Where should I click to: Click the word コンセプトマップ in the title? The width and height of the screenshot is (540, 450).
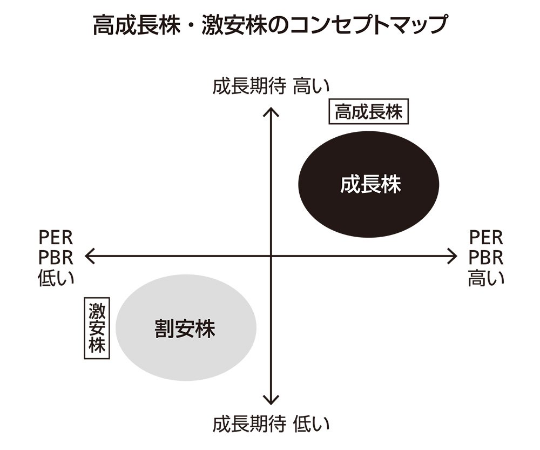pyautogui.click(x=368, y=25)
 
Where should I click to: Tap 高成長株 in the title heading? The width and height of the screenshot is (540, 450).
pyautogui.click(x=137, y=25)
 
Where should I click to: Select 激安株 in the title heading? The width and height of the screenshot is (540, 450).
pyautogui.click(x=234, y=25)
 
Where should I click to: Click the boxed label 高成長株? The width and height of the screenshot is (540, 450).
pyautogui.click(x=368, y=112)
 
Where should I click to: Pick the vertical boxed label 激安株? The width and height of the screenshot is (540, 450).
pyautogui.click(x=97, y=328)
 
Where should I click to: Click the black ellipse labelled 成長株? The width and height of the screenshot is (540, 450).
pyautogui.click(x=368, y=184)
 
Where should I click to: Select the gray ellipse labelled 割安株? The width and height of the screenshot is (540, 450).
pyautogui.click(x=186, y=328)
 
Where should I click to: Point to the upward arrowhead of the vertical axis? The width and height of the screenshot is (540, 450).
pyautogui.click(x=271, y=110)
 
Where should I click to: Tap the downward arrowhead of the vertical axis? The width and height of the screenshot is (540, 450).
pyautogui.click(x=271, y=402)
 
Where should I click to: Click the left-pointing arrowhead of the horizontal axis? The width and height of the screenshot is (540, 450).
pyautogui.click(x=87, y=256)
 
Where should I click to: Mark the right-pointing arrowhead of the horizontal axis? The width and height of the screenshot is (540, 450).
pyautogui.click(x=455, y=256)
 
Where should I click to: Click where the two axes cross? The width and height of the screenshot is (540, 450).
pyautogui.click(x=271, y=256)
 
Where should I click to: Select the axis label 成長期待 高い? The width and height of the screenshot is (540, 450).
pyautogui.click(x=271, y=86)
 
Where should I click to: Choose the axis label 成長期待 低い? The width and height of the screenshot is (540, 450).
pyautogui.click(x=271, y=424)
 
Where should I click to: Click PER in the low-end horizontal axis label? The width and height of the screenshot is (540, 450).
pyautogui.click(x=56, y=237)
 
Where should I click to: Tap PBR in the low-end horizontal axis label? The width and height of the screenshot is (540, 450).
pyautogui.click(x=56, y=258)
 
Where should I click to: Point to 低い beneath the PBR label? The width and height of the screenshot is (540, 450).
pyautogui.click(x=56, y=278)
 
